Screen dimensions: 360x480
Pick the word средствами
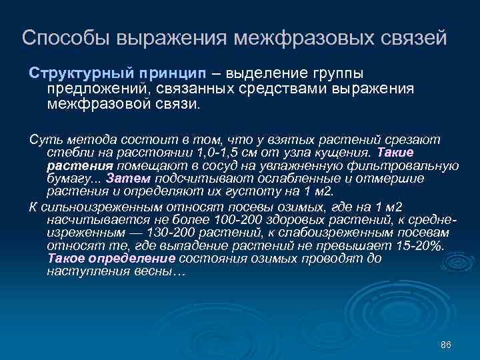289,89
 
